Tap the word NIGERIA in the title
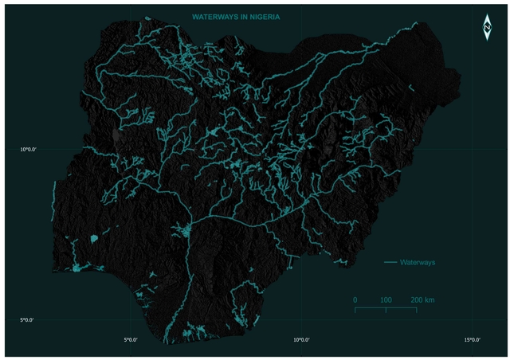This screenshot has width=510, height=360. click(x=269, y=16)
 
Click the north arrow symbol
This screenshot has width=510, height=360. click(x=486, y=28)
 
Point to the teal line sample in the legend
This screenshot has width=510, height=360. click(x=390, y=262)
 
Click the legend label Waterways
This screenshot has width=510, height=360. click(x=418, y=262)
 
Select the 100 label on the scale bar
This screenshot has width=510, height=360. click(x=386, y=299)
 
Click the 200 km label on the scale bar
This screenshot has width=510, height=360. click(x=422, y=299)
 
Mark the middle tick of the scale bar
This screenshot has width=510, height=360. click(x=386, y=309)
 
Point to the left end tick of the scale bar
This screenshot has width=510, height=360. click(x=355, y=309)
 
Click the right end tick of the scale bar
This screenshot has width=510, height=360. click(x=416, y=309)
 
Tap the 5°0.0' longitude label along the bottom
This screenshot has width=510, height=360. click(x=130, y=340)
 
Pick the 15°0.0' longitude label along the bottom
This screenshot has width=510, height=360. click(x=472, y=340)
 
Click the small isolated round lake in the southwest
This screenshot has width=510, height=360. click(x=93, y=238)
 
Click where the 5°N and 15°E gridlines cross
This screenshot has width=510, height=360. click(x=472, y=320)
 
